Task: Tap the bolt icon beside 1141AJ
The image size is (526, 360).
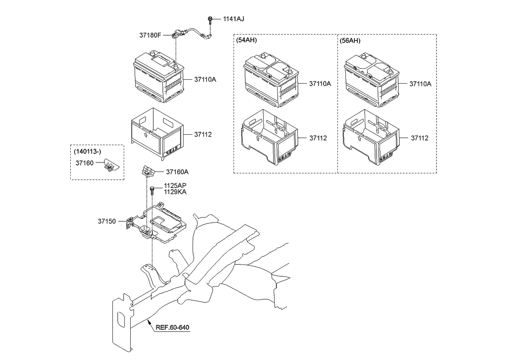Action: (211, 20)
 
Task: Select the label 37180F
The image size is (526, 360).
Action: (150, 35)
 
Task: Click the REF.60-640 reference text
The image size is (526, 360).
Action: (172, 328)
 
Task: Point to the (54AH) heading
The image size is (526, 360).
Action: (247, 40)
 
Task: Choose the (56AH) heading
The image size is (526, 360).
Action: (350, 40)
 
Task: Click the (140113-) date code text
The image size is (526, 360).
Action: (89, 151)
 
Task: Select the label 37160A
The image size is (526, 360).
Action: (177, 172)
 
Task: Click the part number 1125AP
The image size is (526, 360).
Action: (175, 185)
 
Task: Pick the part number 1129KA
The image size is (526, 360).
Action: (175, 192)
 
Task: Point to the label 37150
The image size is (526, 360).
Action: (106, 221)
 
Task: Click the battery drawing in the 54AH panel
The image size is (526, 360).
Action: (270, 79)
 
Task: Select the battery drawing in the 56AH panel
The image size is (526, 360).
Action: (371, 79)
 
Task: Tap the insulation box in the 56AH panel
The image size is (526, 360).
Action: (371, 136)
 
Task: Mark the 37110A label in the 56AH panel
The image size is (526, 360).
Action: (420, 84)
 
